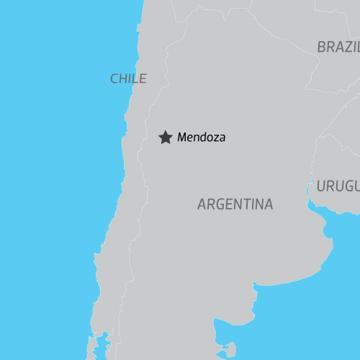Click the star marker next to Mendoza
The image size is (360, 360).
165,137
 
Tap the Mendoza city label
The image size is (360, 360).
201,137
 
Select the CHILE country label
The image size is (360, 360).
128,78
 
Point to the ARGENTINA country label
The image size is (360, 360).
235,204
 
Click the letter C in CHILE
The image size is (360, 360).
114,78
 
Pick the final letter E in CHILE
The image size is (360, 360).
143,78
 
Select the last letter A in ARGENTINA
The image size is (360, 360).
269,204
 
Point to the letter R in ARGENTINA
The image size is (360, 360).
210,204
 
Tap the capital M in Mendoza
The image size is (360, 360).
181,137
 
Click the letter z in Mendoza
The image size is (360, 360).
214,138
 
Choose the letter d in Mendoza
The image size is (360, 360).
202,137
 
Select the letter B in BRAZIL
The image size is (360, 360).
321,47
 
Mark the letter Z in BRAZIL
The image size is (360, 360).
348,47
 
